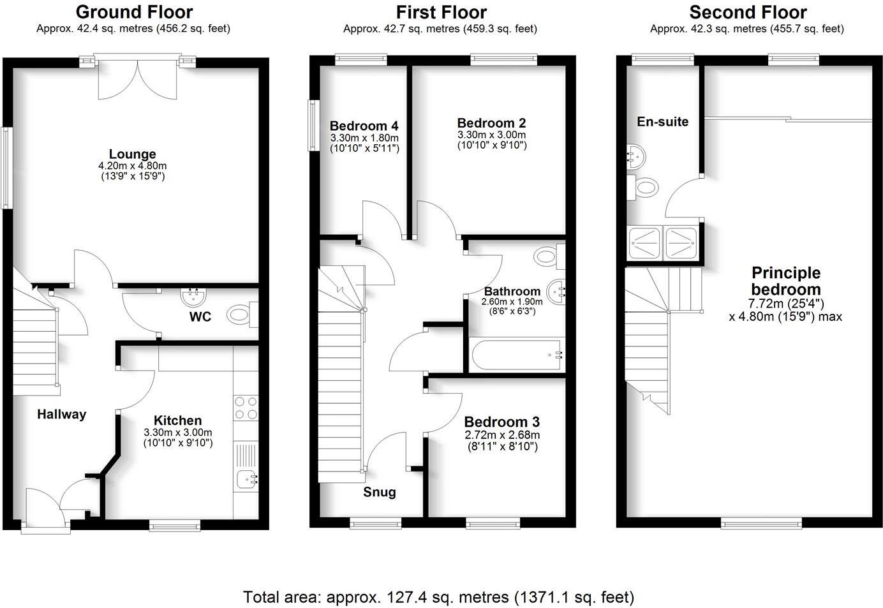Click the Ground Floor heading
click(134, 12)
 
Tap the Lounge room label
click(132, 154)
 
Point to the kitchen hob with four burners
click(246, 408)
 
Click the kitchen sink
click(246, 478)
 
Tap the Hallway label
click(61, 414)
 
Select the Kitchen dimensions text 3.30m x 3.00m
click(178, 432)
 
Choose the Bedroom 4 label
click(364, 126)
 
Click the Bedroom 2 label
click(491, 123)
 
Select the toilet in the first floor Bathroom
click(547, 256)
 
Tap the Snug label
click(380, 492)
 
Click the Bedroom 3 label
click(501, 422)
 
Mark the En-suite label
click(662, 122)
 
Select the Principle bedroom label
click(785, 281)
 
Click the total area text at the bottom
click(439, 597)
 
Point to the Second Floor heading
click(748, 12)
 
